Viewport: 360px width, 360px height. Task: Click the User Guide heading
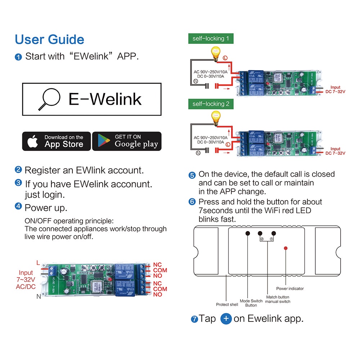pos(49,40)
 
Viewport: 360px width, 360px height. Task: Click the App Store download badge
pos(57,141)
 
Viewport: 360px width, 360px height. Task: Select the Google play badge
pos(127,141)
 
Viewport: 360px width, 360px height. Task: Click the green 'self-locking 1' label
pos(211,39)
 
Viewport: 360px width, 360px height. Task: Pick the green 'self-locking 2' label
pos(211,104)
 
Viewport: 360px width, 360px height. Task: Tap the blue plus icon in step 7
pos(226,319)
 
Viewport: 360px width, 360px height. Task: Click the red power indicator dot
pos(285,248)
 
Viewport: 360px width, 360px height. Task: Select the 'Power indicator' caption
pos(290,288)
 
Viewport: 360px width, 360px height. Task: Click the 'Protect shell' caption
pos(227,305)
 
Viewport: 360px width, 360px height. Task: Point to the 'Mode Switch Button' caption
pos(251,303)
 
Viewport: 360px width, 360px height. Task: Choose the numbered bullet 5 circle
pos(192,175)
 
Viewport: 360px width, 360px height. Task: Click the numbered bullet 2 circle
pos(18,170)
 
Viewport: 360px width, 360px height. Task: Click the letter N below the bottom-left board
pos(38,297)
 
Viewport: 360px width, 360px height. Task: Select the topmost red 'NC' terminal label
pos(158,265)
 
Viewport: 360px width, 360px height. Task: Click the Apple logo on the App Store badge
pos(33,141)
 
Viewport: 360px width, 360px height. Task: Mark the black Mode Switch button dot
pos(248,233)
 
